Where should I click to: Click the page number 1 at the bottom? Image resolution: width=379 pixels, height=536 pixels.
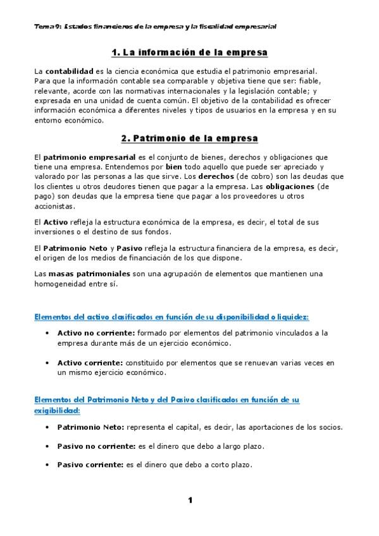click(x=189, y=501)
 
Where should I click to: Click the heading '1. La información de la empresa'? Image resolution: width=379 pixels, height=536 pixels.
click(x=189, y=52)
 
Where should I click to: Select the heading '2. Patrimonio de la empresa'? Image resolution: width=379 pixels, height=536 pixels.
click(x=189, y=138)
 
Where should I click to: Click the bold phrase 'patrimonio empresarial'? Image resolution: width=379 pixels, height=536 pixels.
click(x=82, y=157)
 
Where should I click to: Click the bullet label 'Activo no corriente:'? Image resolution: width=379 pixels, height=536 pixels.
click(x=96, y=332)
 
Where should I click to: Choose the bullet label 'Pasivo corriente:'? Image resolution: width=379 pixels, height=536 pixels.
click(x=89, y=465)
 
